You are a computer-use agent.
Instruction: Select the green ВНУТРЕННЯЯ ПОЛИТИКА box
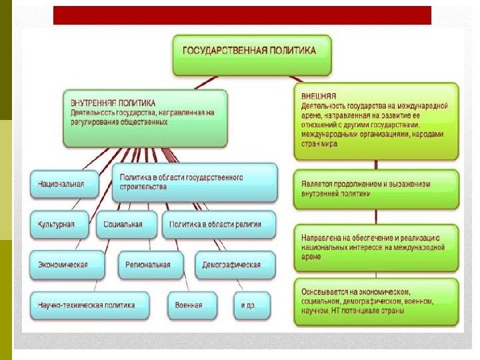click(145, 118)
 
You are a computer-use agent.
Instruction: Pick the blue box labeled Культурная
click(59, 224)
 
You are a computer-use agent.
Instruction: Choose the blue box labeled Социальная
click(126, 224)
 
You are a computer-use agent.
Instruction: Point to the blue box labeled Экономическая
click(66, 265)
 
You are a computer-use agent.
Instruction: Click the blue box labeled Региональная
click(151, 265)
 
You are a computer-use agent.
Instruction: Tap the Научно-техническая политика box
click(89, 305)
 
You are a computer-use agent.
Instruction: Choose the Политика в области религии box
click(220, 224)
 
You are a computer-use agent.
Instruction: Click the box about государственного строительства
click(193, 182)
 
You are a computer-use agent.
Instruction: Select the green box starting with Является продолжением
click(376, 189)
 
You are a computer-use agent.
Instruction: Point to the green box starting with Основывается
click(376, 301)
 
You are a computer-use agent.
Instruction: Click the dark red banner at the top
click(242, 15)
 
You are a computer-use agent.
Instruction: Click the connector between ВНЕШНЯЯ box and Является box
click(376, 165)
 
